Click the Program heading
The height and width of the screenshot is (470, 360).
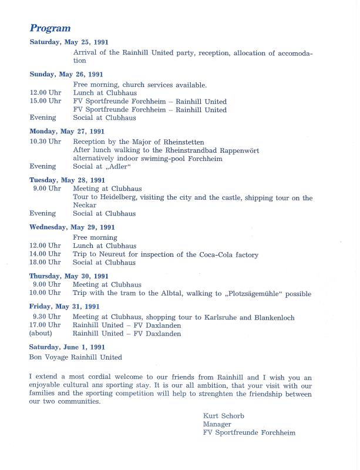pos(50,28)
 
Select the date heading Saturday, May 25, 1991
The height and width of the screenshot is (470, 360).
pos(69,42)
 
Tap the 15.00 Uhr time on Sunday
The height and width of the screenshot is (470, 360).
pos(45,101)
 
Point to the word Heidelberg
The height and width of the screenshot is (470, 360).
pos(117,197)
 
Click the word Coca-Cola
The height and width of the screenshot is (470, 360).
pos(215,254)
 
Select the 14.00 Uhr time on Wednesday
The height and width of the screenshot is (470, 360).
pos(45,254)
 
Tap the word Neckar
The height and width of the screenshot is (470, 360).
pos(85,206)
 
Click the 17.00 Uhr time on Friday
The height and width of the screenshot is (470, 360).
pos(45,325)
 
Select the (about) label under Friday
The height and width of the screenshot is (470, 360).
pos(41,334)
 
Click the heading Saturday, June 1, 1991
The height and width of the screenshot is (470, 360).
pos(67,347)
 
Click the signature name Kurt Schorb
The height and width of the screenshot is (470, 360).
pos(223,416)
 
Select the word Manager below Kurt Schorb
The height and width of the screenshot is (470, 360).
pos(217,424)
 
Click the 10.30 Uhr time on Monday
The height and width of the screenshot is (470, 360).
pos(45,142)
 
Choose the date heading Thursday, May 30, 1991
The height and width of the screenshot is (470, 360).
pos(69,276)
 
